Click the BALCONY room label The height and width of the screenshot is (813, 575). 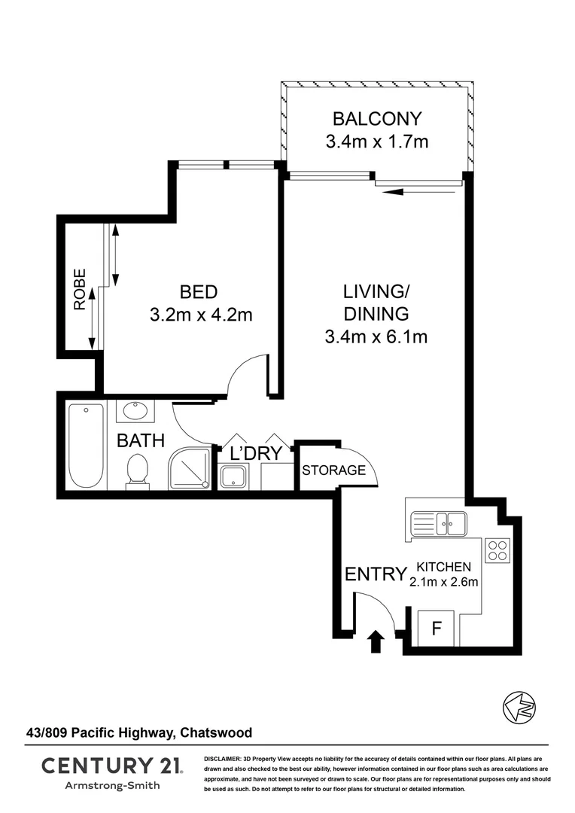[377, 118]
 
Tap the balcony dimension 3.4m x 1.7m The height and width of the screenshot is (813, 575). [377, 141]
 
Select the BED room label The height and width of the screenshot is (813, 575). [199, 291]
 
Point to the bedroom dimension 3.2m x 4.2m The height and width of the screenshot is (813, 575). [201, 315]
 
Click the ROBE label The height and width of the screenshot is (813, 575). [80, 290]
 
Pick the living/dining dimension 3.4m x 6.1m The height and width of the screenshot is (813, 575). [376, 336]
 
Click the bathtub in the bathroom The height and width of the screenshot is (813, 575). [85, 446]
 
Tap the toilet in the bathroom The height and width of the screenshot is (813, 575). [137, 473]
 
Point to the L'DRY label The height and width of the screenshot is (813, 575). [255, 453]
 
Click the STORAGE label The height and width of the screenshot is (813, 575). [333, 471]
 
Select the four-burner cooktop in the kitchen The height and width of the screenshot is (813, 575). [497, 550]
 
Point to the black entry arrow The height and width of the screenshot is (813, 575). [376, 642]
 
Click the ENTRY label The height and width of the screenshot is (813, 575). [375, 574]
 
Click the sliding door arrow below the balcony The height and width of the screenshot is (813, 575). [418, 192]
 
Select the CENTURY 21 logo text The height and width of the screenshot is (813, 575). [111, 766]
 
